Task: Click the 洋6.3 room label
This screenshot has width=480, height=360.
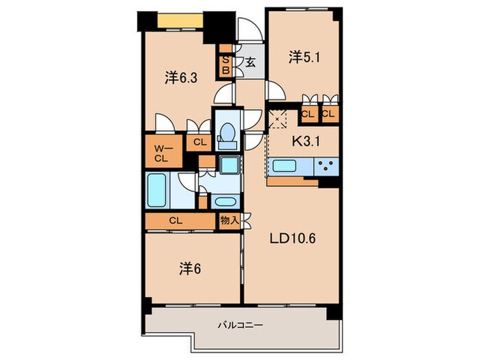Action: [x=181, y=78]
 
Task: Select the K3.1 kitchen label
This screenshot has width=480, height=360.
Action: [x=307, y=143]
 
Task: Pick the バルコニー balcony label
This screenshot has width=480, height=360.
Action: [x=241, y=325]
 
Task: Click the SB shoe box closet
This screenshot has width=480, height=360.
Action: [x=225, y=64]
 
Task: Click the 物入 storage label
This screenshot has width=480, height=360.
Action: [x=228, y=221]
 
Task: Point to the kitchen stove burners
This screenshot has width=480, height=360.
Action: [x=325, y=165]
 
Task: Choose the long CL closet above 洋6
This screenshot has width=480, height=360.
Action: [x=176, y=221]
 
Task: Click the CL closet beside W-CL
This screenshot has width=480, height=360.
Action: [x=200, y=143]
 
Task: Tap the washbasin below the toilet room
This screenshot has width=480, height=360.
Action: [x=224, y=202]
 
